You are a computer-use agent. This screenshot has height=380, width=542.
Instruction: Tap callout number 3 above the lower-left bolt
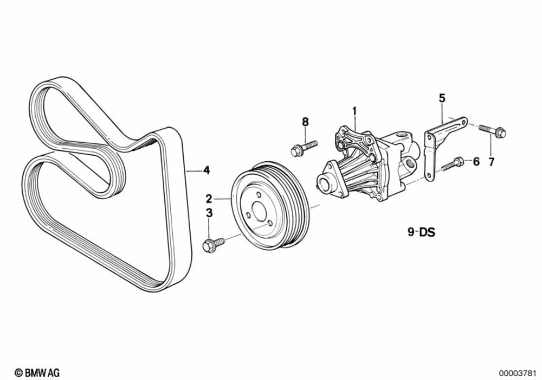pyautogui.click(x=209, y=213)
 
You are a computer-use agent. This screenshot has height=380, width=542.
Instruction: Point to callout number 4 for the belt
pyautogui.click(x=206, y=170)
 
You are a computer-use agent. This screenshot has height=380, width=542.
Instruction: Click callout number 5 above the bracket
pyautogui.click(x=442, y=98)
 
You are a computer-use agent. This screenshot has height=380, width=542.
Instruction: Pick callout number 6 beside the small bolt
pyautogui.click(x=476, y=161)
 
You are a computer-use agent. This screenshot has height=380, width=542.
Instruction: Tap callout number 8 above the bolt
pyautogui.click(x=305, y=122)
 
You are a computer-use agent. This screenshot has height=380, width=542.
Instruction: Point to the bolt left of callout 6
pyautogui.click(x=452, y=164)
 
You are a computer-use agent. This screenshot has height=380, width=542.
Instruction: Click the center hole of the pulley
pyautogui.click(x=258, y=209)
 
